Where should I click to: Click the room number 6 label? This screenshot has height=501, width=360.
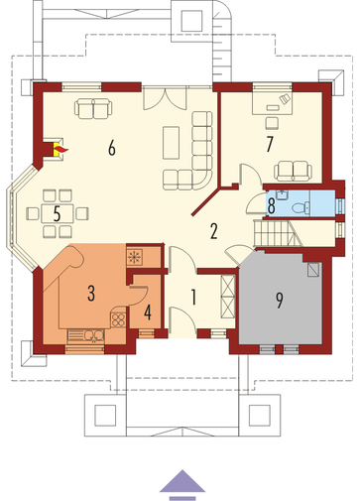click(x=112, y=148)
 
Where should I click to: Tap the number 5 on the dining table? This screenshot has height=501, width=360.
click(x=57, y=214)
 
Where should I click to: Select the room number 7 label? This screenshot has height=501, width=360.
click(x=270, y=144)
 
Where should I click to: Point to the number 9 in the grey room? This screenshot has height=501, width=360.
click(x=280, y=301)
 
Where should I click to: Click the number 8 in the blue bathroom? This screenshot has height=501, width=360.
click(x=271, y=206)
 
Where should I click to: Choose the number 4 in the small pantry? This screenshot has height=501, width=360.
click(x=148, y=313)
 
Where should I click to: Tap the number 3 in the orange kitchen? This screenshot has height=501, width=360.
click(x=91, y=293)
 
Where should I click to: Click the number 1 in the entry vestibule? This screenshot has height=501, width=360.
click(x=193, y=297)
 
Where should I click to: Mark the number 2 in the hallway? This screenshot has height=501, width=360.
click(x=214, y=231)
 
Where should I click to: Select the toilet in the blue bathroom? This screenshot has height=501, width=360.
click(x=300, y=207)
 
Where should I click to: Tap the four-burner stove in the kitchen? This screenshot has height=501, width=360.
click(x=118, y=319)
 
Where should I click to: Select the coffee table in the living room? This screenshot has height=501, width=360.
click(x=171, y=143)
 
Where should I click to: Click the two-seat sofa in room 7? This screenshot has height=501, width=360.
click(x=293, y=171)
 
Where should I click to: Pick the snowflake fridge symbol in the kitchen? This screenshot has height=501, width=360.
click(x=134, y=257)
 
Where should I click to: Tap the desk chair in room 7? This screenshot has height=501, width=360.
click(x=273, y=123)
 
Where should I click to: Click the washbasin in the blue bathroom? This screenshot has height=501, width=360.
click(x=283, y=195)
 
